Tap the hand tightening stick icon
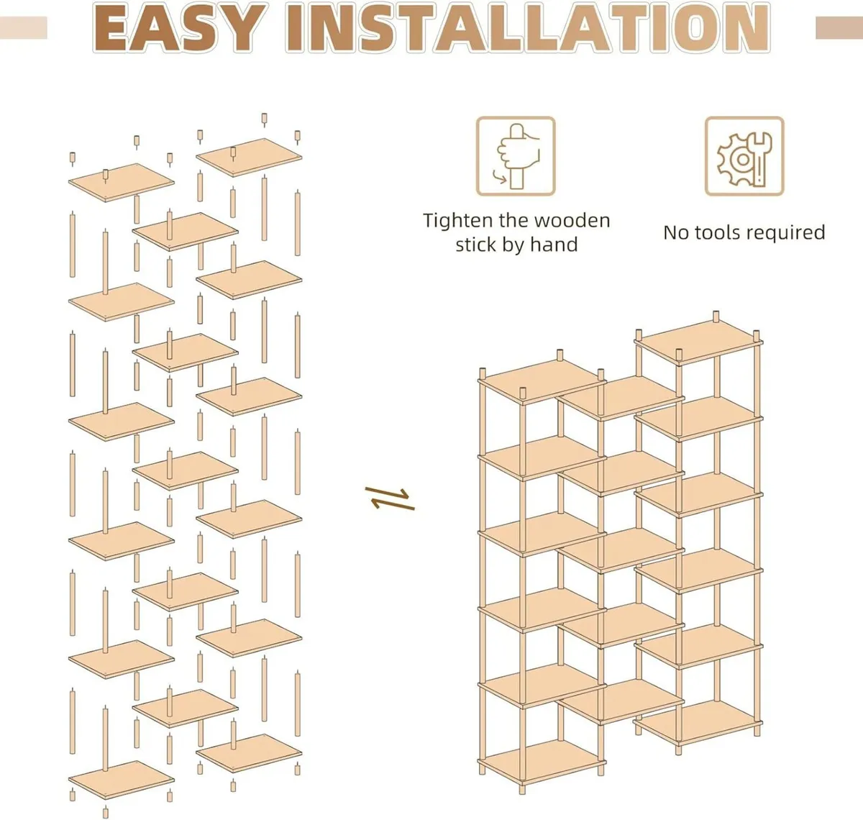pyautogui.click(x=516, y=156)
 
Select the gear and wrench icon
pyautogui.click(x=744, y=156)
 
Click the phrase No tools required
pyautogui.click(x=744, y=232)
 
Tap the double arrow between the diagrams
pyautogui.click(x=390, y=498)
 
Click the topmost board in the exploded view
pyautogui.click(x=249, y=157)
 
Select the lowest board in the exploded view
pyautogui.click(x=122, y=779)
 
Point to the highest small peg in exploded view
pyautogui.click(x=264, y=119)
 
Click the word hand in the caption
pyautogui.click(x=554, y=245)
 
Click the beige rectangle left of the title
pyautogui.click(x=23, y=28)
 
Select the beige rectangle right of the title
pyautogui.click(x=839, y=28)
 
